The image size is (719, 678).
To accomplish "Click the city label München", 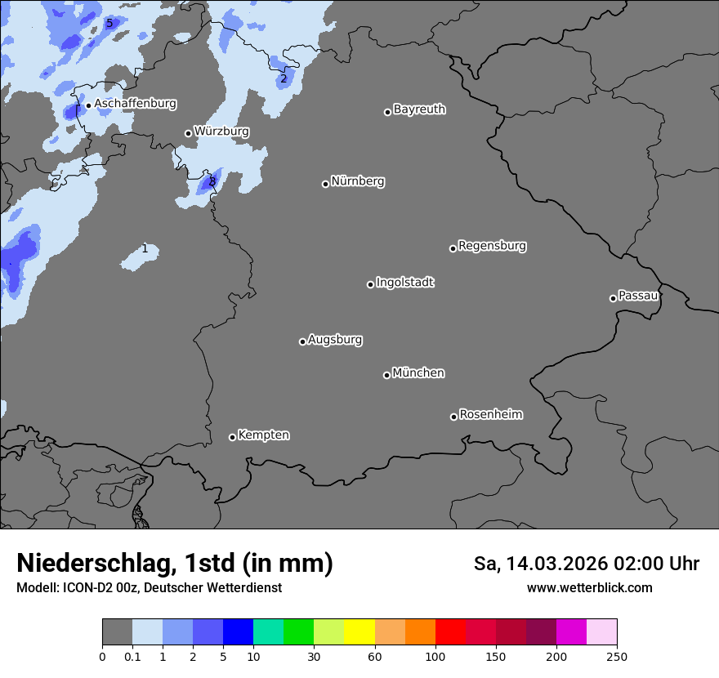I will coord(418,373).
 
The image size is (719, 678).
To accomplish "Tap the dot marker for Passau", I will coord(613,298).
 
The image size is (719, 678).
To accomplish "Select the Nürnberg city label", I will coord(357,181).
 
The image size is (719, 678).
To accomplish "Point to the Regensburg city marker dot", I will coord(453,248).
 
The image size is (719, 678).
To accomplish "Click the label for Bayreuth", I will coord(419,109).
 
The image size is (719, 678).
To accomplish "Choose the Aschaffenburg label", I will coord(135,104).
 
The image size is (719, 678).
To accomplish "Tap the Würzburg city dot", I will coord(188,133).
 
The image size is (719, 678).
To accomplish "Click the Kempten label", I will coord(263,435).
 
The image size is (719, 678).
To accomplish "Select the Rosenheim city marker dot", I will coord(453,417).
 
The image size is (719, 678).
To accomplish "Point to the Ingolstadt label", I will coord(404,283).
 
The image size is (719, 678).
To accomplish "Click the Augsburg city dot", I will coord(302,341).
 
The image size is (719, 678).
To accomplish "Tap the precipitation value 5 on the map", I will coord(109,23).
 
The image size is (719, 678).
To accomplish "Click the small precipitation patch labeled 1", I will coord(141,256).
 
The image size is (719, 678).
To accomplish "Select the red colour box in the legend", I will coord(450,632).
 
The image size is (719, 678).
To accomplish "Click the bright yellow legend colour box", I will coord(359,632).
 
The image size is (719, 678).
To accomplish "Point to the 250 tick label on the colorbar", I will coord(617,657).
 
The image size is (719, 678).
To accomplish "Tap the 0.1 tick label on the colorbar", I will coord(132,657).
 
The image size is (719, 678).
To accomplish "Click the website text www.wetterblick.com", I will coord(589,588).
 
